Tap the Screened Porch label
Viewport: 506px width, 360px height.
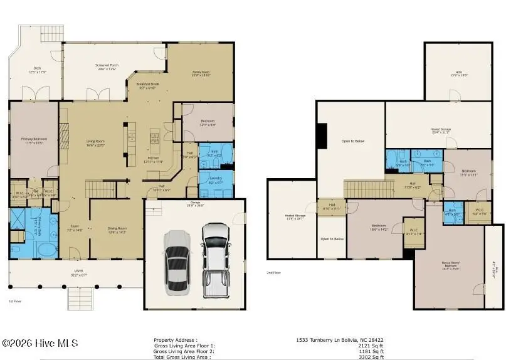click(107, 67)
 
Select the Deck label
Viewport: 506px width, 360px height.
click(38, 70)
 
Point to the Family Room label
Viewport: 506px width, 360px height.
click(201, 74)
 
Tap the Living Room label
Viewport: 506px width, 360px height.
click(95, 143)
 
